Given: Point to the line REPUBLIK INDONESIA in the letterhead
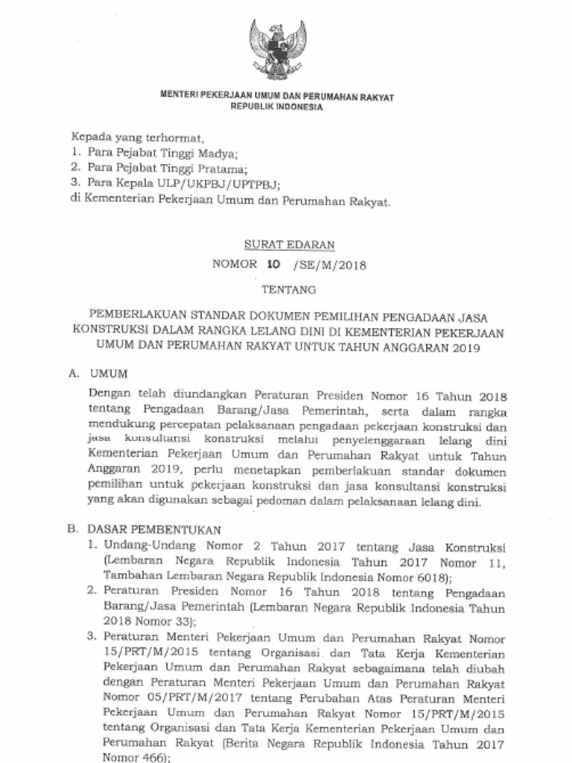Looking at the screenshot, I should [x=277, y=107].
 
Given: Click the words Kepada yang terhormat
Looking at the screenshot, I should [x=136, y=138].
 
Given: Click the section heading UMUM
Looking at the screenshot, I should [x=108, y=372].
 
